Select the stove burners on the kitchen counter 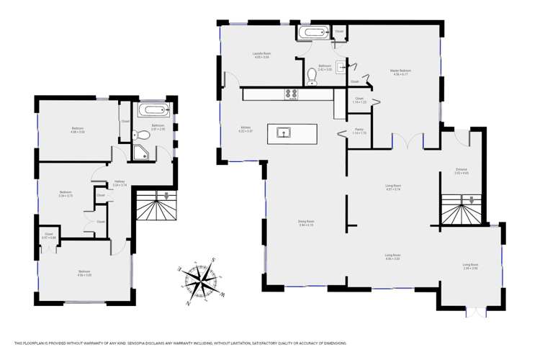coord(292,93)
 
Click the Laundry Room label coord(261,55)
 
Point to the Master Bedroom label coord(401,72)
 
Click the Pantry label coord(359,132)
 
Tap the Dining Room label coord(306,223)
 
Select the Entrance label coord(461,171)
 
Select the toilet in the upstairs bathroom coord(142,134)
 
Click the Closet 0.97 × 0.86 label coord(49,235)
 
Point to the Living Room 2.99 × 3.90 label coord(470,266)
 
